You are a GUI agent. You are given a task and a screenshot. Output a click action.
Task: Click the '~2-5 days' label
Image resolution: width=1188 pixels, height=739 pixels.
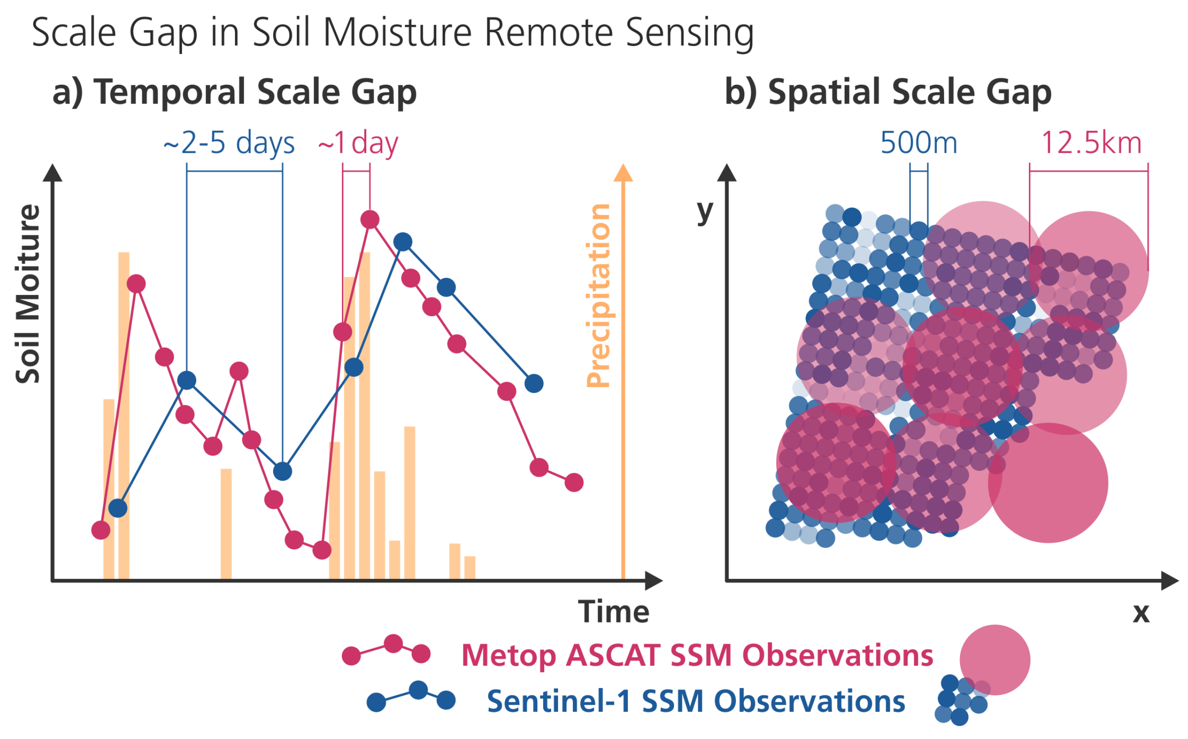tap(229, 143)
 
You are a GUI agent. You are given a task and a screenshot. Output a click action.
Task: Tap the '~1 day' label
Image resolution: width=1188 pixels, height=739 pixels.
tap(358, 143)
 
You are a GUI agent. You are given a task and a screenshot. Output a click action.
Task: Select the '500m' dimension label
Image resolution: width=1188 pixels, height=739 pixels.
tap(918, 143)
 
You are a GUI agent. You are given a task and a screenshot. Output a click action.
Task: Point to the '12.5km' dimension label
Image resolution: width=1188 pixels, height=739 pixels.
tap(1091, 143)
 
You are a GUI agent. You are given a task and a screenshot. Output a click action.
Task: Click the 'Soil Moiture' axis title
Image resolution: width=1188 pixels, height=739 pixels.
tap(28, 293)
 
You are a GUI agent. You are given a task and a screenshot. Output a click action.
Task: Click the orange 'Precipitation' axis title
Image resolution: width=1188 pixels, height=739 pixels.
tap(598, 295)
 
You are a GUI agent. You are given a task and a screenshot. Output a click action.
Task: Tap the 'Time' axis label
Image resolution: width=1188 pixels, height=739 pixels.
tap(613, 612)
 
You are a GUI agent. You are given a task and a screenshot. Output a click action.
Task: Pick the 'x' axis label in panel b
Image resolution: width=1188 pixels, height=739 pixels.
tap(1140, 613)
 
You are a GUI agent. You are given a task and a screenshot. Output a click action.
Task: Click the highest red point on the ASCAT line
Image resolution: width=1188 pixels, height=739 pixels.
tap(370, 219)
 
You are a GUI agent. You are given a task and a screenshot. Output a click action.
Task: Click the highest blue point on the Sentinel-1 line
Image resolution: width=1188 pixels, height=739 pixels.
tap(402, 242)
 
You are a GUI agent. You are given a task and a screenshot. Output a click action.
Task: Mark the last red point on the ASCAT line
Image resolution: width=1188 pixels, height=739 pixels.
tap(573, 482)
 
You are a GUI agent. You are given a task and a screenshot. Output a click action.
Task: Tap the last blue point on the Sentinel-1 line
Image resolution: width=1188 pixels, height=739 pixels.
tap(533, 383)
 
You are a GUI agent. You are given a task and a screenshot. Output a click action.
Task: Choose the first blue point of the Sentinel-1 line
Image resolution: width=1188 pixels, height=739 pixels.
tap(118, 508)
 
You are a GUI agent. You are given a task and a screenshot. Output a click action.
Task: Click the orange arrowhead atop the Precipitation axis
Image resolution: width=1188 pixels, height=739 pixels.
tap(623, 173)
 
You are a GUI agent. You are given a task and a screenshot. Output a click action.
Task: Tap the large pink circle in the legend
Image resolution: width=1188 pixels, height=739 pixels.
tap(994, 659)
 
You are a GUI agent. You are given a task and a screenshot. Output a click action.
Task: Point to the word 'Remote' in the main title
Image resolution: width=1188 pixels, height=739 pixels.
tap(549, 33)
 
